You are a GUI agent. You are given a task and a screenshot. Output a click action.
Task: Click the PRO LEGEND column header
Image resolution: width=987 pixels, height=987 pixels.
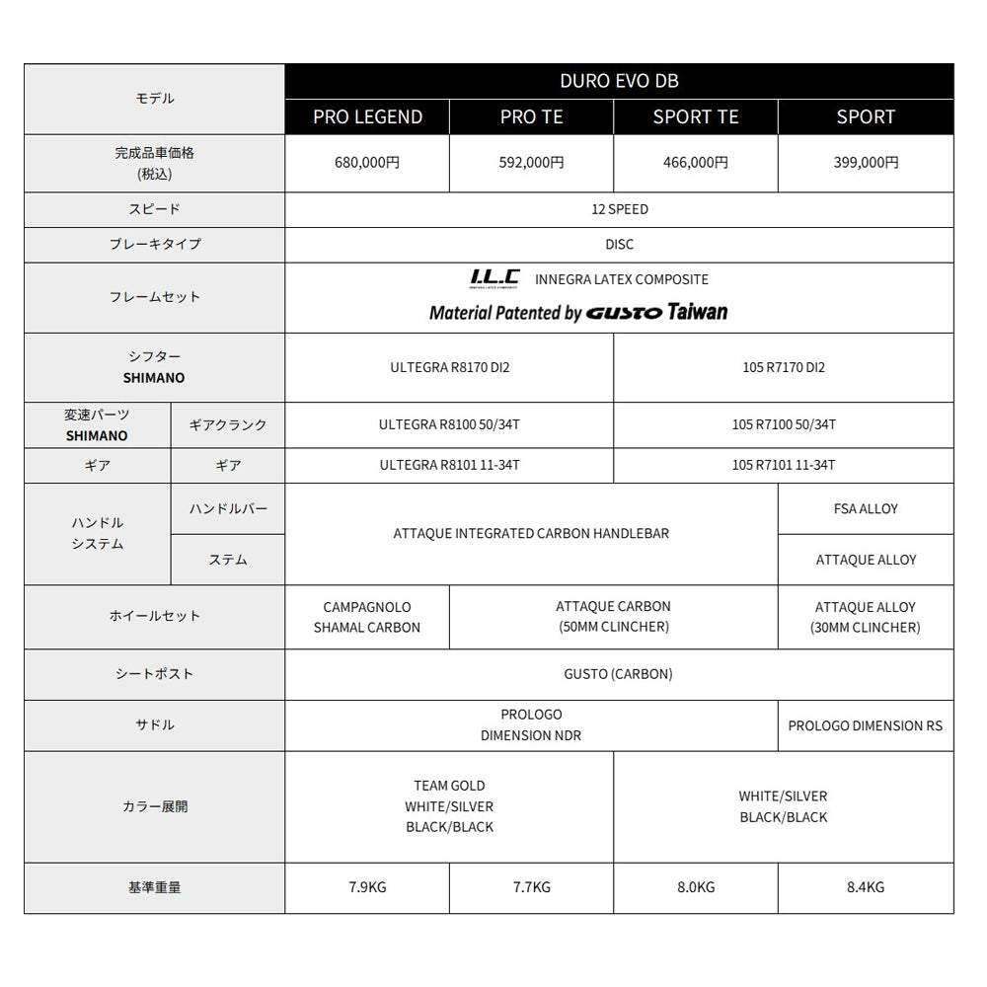[x=367, y=116]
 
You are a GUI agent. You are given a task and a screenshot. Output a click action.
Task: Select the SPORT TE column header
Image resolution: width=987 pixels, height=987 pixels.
[x=696, y=116]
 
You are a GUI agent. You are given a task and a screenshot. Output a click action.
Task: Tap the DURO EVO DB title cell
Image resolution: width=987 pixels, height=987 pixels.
[x=619, y=81]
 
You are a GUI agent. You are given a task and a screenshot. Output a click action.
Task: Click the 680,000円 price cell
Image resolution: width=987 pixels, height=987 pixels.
[x=367, y=163]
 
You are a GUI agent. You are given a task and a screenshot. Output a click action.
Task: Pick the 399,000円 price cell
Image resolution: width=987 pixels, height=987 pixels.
[x=866, y=163]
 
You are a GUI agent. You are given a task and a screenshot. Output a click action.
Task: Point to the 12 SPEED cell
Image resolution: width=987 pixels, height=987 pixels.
[x=619, y=209]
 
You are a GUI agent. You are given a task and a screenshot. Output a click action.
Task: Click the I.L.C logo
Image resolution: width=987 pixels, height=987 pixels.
[x=493, y=279]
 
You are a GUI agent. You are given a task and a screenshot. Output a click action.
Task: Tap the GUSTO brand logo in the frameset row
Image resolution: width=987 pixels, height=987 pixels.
[x=624, y=313]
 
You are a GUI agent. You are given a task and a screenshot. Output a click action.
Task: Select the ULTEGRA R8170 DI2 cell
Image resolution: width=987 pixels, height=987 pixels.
[x=449, y=367]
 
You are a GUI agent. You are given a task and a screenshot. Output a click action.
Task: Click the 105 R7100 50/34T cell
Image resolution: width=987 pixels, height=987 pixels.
[x=784, y=424]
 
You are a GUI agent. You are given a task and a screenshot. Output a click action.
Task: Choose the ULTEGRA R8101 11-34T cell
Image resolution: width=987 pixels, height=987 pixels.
[x=449, y=465]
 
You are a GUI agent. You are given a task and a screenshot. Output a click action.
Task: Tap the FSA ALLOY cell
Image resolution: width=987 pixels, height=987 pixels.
[x=866, y=508]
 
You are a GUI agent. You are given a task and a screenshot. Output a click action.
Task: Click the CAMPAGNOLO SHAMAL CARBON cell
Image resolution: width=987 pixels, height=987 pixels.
[x=367, y=617]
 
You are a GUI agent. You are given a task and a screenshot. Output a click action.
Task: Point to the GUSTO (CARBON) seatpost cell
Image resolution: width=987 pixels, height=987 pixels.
[x=619, y=674]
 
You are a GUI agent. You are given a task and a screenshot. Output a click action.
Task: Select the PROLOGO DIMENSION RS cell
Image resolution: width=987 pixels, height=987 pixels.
[x=866, y=725]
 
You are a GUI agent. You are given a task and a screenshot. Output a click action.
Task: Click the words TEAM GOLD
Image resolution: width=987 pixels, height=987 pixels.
[x=449, y=786]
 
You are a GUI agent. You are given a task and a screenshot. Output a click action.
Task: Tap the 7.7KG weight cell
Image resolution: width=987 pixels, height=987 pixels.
[x=531, y=887]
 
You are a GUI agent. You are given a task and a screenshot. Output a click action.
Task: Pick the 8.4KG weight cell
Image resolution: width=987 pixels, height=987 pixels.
[x=866, y=887]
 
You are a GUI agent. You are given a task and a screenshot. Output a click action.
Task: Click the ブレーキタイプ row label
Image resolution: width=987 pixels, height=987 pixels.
[x=155, y=244]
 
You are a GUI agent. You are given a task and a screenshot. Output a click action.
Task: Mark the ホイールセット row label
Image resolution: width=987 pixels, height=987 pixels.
[x=155, y=616]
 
